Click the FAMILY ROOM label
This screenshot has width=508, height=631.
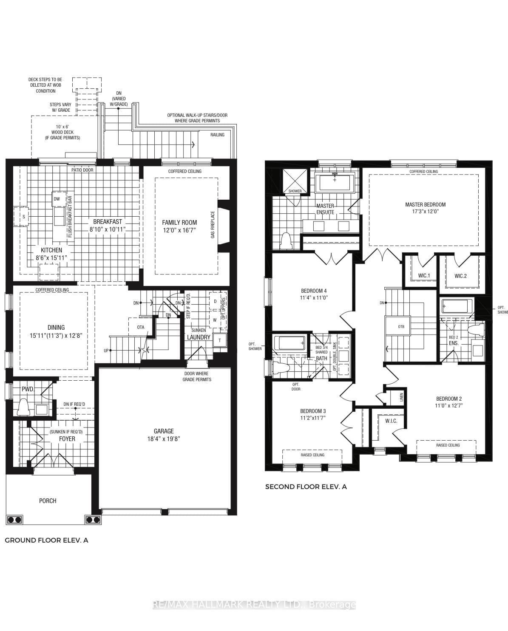[x=179, y=222]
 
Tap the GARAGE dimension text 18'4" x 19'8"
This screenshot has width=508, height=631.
[x=164, y=439]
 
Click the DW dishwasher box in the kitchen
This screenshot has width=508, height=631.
[x=57, y=199]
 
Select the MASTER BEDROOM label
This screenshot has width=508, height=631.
[x=425, y=204]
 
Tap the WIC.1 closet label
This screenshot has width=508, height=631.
[x=424, y=276]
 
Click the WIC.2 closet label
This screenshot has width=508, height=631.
[x=460, y=276]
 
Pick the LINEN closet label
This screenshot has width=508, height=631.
[x=401, y=397]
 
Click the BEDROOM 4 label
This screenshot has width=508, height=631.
[x=313, y=291]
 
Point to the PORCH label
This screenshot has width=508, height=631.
[x=48, y=501]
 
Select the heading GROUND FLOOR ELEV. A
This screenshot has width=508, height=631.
[x=46, y=540]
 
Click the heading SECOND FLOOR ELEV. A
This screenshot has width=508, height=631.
[x=306, y=487]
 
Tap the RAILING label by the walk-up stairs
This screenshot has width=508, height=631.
[x=217, y=135]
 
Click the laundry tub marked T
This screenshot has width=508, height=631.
[x=220, y=340]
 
